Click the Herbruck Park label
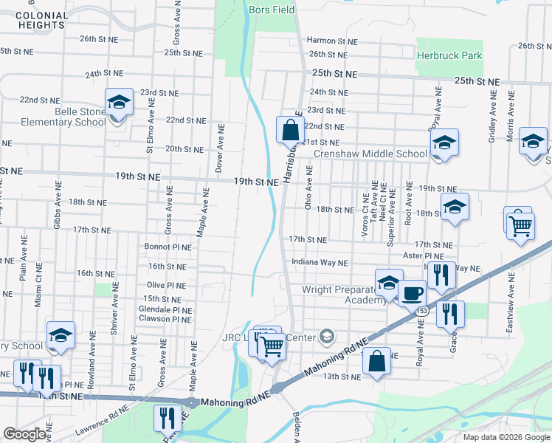click(449, 55)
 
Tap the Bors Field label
click(272, 10)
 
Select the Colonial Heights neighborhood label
click(40, 20)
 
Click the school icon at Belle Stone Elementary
click(118, 103)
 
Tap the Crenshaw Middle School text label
click(370, 154)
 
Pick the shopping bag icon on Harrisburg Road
click(289, 130)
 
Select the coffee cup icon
click(413, 293)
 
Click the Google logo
click(24, 434)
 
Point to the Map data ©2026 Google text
click(506, 437)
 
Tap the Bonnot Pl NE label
click(168, 247)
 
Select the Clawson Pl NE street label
click(165, 320)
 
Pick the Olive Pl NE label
click(167, 284)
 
